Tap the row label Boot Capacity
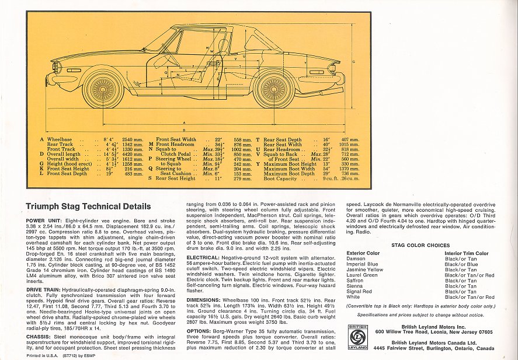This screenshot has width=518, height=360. [280, 179]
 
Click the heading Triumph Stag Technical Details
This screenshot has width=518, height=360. [88, 207]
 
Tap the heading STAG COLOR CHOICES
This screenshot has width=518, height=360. [420, 246]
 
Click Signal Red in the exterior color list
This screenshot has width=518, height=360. [360, 291]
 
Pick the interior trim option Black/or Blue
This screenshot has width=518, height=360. [461, 264]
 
